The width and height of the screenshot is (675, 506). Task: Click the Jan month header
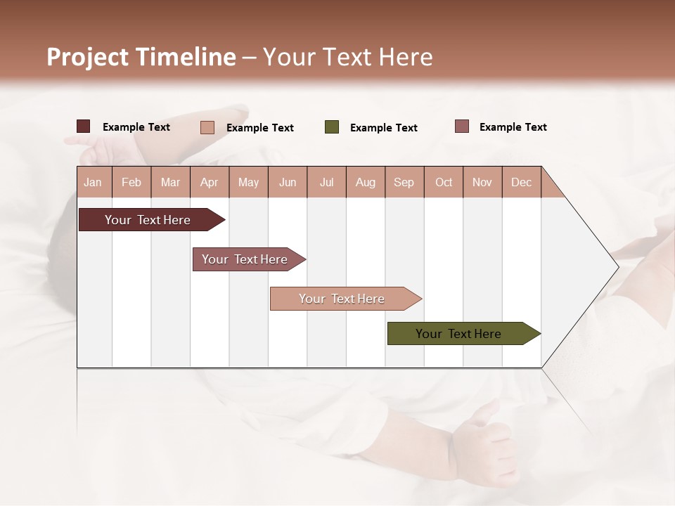(x=93, y=182)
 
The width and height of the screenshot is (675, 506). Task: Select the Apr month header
(x=209, y=182)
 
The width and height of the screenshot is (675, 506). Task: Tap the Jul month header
(x=326, y=182)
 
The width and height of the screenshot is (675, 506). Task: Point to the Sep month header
(x=404, y=182)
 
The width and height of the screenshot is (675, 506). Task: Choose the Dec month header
(x=521, y=182)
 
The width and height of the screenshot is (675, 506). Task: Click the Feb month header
(x=131, y=182)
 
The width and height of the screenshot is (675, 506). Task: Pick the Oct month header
(x=444, y=182)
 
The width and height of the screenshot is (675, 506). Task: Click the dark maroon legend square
(x=83, y=126)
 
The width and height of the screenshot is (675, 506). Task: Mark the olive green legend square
(x=332, y=127)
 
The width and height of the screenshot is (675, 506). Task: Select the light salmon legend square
(x=207, y=127)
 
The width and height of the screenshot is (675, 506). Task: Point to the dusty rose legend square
(x=461, y=126)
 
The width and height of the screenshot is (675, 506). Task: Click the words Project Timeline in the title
(x=141, y=57)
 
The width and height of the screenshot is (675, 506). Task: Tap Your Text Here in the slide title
(x=347, y=57)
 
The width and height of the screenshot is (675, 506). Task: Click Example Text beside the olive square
(x=383, y=128)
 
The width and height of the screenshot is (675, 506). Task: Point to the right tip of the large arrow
(x=617, y=266)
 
